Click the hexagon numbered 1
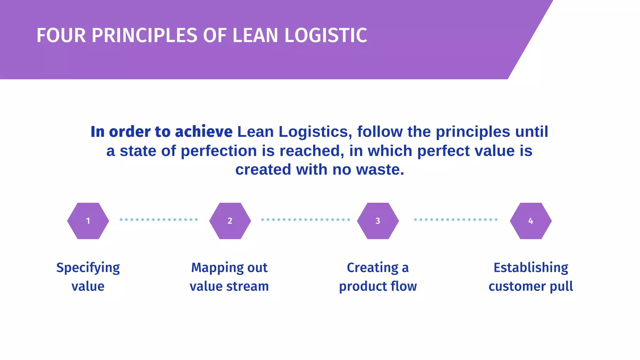point(88,221)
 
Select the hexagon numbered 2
point(230,221)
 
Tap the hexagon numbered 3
point(378,221)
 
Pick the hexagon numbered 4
point(531,221)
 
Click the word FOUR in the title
point(61,35)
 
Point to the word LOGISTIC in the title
point(326,35)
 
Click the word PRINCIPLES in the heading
point(144,35)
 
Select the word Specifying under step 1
point(88,268)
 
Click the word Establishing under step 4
point(531,268)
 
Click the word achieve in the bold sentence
point(203,132)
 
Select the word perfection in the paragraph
point(219,151)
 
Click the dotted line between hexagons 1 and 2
point(159,220)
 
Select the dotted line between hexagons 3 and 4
point(456,220)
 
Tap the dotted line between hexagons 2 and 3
point(305,220)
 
